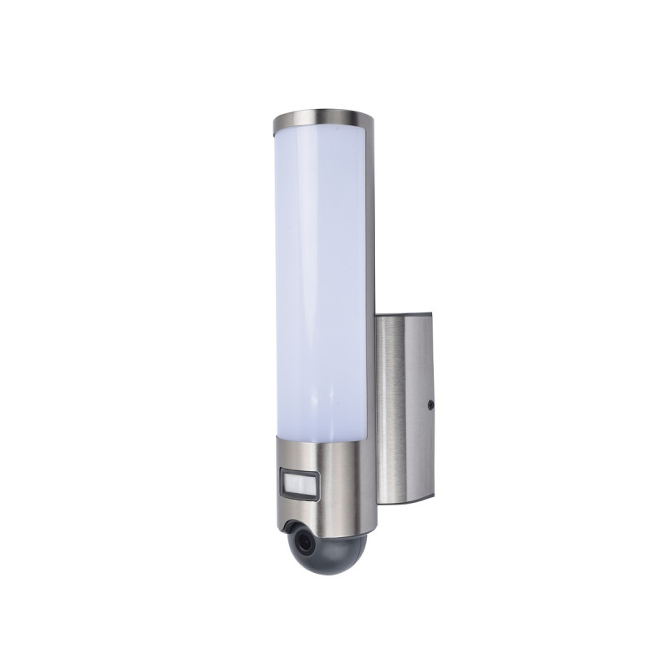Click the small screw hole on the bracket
pyautogui.click(x=431, y=403)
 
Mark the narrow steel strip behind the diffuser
pyautogui.click(x=371, y=277)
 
